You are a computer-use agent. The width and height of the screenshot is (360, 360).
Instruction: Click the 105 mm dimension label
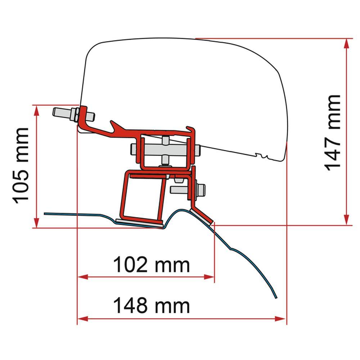pyautogui.click(x=21, y=165)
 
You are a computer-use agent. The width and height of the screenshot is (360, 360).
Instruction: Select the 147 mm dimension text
pyautogui.click(x=332, y=132)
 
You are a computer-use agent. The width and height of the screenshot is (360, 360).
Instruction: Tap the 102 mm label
pyautogui.click(x=151, y=265)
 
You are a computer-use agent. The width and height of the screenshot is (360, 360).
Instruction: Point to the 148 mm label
pyautogui.click(x=151, y=306)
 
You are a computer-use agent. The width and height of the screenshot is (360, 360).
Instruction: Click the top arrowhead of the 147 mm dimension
pyautogui.click(x=347, y=43)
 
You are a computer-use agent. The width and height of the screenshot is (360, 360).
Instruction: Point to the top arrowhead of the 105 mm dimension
pyautogui.click(x=36, y=110)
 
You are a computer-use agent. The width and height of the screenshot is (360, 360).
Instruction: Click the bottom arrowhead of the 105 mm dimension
pyautogui.click(x=36, y=223)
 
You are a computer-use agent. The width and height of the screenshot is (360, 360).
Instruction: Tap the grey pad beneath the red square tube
pyautogui.click(x=140, y=224)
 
